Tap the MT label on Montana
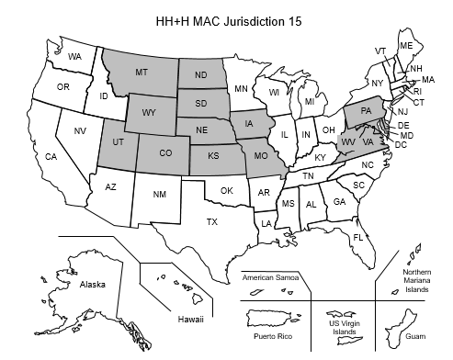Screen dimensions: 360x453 tap(142, 72)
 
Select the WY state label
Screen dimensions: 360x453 tap(149, 113)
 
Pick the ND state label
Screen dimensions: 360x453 tap(200, 74)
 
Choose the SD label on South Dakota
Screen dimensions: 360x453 tap(201, 102)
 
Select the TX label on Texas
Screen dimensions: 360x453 tap(211, 222)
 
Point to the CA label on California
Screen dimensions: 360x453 tap(51, 157)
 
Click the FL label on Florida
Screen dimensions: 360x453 tap(358, 238)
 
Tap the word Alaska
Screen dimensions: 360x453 tap(93, 285)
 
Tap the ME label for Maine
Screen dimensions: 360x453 tap(405, 45)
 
